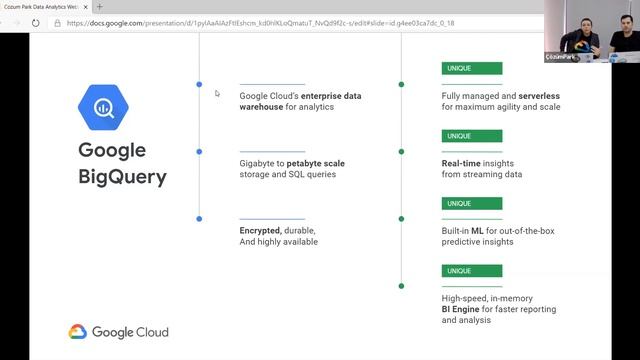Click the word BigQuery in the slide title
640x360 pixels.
(123, 179)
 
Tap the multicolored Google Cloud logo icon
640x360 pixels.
(79, 332)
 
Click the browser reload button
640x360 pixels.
(36, 22)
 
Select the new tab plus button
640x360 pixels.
(99, 6)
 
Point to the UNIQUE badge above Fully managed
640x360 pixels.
(459, 69)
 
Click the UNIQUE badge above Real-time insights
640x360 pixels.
(459, 136)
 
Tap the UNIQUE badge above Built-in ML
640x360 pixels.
(459, 203)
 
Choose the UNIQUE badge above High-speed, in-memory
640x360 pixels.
(459, 270)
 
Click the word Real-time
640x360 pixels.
(465, 161)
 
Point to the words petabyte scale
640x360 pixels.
(320, 162)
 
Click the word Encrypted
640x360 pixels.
(260, 230)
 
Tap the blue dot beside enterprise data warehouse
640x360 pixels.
(200, 85)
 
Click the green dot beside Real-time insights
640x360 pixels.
(402, 152)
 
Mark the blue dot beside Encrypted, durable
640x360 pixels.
(200, 218)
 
